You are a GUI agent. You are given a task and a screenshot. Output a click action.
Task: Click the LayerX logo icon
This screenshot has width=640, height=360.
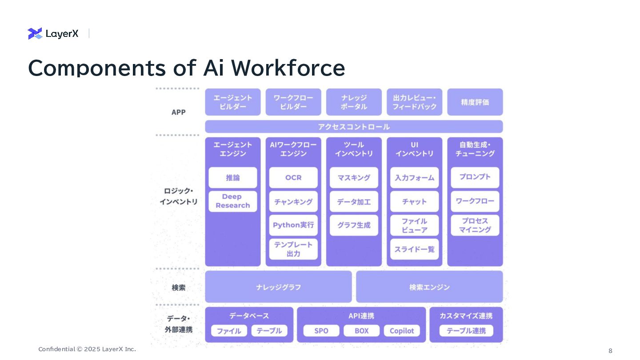(35, 33)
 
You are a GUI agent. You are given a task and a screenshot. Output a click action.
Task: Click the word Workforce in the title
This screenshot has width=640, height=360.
(288, 68)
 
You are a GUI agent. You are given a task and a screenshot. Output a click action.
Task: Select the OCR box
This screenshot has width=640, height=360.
(293, 177)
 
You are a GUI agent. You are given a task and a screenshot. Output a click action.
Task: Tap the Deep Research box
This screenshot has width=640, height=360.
(232, 201)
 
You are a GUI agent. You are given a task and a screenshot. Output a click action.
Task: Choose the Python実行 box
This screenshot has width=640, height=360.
(293, 225)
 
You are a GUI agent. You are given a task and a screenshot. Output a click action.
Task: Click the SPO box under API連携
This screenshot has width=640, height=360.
(321, 331)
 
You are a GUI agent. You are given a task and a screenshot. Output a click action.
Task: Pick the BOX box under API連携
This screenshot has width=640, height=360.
(361, 331)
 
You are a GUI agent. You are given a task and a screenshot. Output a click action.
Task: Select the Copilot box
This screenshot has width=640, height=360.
(402, 331)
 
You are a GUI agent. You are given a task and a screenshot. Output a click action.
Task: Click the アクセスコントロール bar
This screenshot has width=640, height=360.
(354, 127)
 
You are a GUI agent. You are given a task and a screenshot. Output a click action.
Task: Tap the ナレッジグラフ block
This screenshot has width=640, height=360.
(278, 287)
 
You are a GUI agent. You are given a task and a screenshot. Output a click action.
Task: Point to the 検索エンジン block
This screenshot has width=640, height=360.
(429, 287)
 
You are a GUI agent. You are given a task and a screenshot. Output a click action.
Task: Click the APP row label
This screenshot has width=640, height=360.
(179, 112)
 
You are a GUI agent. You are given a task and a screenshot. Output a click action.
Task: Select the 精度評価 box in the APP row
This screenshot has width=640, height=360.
(475, 102)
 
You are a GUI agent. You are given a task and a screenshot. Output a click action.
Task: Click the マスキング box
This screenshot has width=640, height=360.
(354, 177)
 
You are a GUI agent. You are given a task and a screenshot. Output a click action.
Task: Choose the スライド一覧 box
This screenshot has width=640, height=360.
(414, 249)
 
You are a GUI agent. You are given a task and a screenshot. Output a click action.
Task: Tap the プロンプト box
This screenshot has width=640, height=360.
(475, 177)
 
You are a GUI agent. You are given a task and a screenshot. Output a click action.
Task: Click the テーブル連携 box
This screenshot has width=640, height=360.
(466, 331)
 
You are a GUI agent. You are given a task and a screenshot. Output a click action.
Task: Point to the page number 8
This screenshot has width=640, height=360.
(610, 351)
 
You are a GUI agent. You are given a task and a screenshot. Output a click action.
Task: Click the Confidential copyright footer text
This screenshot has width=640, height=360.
(87, 349)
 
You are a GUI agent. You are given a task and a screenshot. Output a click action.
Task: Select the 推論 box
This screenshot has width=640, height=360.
(232, 177)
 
